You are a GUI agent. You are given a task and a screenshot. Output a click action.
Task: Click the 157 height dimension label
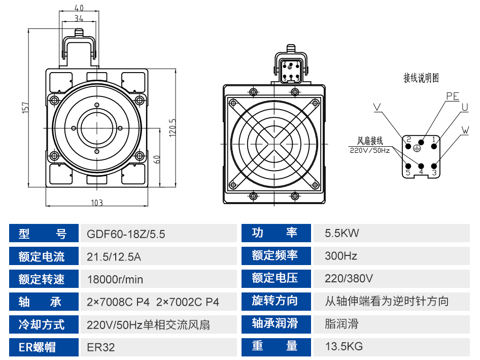pos(26,108)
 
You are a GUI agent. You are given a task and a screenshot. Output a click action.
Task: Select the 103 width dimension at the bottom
pos(97,203)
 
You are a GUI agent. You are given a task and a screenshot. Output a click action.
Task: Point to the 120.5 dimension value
pos(173,128)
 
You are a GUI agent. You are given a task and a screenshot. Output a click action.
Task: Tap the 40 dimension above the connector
pos(79,7)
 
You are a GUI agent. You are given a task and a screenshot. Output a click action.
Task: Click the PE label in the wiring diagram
pos(453,96)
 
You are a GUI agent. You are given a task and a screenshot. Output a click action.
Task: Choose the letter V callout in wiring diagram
pos(377,107)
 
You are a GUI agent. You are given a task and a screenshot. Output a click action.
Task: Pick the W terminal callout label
pos(465,130)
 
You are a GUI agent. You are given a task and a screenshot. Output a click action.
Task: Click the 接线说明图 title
pos(421,78)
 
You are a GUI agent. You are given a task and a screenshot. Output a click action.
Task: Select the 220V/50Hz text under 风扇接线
pos(369,150)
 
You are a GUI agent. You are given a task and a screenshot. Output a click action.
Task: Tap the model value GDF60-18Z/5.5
pos(126,234)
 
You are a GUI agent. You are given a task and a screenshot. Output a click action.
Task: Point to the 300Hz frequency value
pos(340,256)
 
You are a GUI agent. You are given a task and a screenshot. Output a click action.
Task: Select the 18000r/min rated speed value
pos(115,279)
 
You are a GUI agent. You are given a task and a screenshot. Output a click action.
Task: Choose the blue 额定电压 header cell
pos(276,278)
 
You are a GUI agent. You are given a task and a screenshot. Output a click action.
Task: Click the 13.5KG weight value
pos(344,346)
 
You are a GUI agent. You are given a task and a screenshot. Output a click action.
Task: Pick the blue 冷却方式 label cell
pos(44,324)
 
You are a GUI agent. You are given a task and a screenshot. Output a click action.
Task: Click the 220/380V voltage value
pos(349,278)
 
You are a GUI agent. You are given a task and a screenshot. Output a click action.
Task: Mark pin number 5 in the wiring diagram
pos(408,173)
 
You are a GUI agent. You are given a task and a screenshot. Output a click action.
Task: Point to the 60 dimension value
pos(156,159)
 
